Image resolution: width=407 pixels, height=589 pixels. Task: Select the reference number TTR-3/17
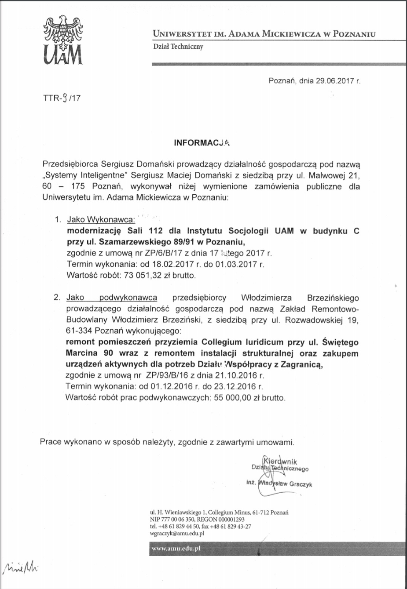click(62, 98)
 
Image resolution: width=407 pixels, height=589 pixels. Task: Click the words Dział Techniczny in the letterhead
click(178, 47)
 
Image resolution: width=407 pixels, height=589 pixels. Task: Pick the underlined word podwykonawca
click(128, 298)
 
